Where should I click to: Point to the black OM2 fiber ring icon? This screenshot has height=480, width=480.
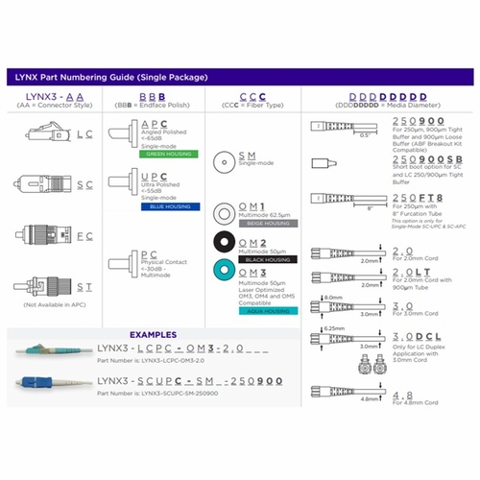click(222, 245)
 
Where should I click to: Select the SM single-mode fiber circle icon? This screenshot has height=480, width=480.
click(222, 159)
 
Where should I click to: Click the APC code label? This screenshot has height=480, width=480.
click(153, 125)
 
